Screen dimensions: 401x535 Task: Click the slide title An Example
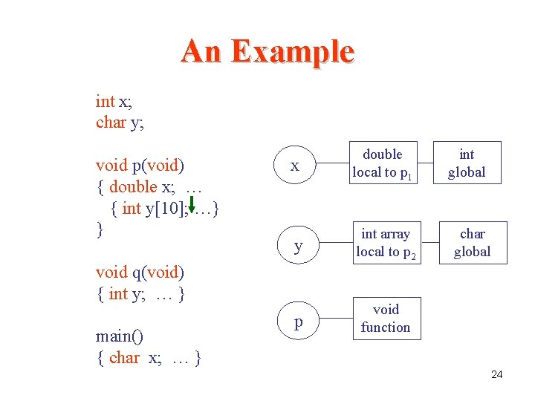pyautogui.click(x=267, y=51)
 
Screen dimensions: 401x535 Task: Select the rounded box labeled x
pyautogui.click(x=295, y=166)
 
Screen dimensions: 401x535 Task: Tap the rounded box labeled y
pyautogui.click(x=298, y=244)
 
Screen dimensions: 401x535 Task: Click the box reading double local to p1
pyautogui.click(x=383, y=163)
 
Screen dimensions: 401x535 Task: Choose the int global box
pyautogui.click(x=467, y=163)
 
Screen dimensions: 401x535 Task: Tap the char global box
pyautogui.click(x=472, y=243)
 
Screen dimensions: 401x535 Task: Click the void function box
pyautogui.click(x=385, y=318)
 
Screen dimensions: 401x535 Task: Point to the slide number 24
pyautogui.click(x=497, y=374)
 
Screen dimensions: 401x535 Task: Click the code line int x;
pyautogui.click(x=114, y=101)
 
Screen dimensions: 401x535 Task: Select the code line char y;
pyautogui.click(x=120, y=123)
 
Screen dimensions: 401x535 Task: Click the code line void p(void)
pyautogui.click(x=140, y=165)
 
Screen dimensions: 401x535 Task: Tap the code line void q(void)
pyautogui.click(x=140, y=273)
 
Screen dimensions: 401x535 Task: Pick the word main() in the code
pyautogui.click(x=119, y=336)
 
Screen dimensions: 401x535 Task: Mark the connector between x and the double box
pyautogui.click(x=333, y=163)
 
